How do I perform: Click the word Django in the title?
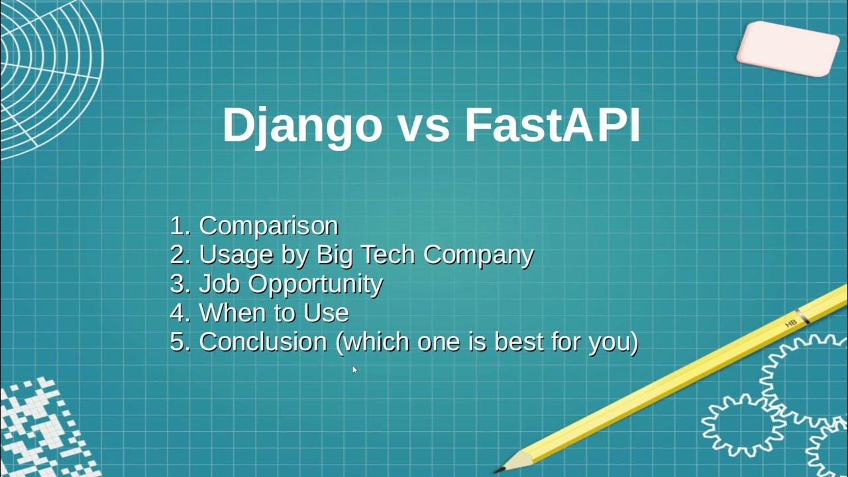pos(302,126)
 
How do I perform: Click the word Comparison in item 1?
pos(268,226)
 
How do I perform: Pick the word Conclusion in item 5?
pos(263,342)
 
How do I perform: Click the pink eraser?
pos(788,47)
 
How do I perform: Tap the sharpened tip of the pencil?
pos(500,468)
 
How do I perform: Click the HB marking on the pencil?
pos(790,323)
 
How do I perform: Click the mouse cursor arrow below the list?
pos(354,369)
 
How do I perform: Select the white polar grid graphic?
pos(46,73)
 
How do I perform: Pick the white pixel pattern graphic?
pos(40,431)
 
